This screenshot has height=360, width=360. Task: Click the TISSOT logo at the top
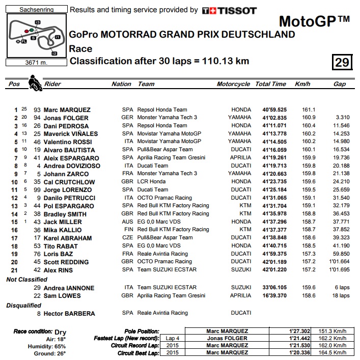tap(229, 10)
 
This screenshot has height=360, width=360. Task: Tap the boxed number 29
tap(342, 62)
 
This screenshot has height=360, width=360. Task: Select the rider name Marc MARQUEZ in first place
tap(67, 109)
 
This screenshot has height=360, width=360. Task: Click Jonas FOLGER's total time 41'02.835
tap(274, 118)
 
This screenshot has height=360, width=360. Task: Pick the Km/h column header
tap(302, 84)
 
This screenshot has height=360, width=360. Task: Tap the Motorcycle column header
tap(234, 84)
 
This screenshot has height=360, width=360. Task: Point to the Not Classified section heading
tap(26, 280)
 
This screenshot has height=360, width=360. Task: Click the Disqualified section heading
tap(23, 306)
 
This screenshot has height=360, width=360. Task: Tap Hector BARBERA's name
tap(69, 314)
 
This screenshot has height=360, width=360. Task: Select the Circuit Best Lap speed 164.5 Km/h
tap(334, 352)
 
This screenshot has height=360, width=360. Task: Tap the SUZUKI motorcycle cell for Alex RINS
tap(241, 270)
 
